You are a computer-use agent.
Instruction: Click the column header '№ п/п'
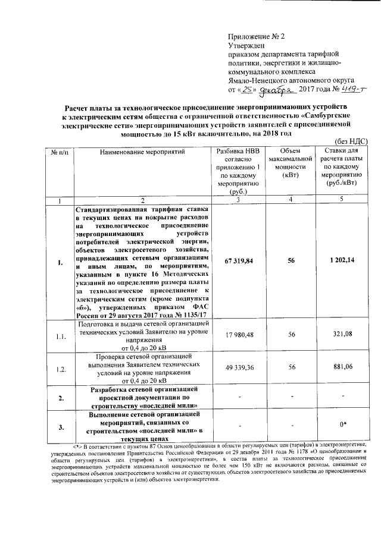[60, 152]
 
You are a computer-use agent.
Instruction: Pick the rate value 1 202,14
[341, 260]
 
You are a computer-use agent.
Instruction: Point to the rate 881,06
[342, 368]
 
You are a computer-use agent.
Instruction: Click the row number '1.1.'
[60, 336]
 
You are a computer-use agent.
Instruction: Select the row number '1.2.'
[60, 369]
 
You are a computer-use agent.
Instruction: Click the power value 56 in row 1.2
[292, 368]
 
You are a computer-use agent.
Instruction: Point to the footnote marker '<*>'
[78, 445]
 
